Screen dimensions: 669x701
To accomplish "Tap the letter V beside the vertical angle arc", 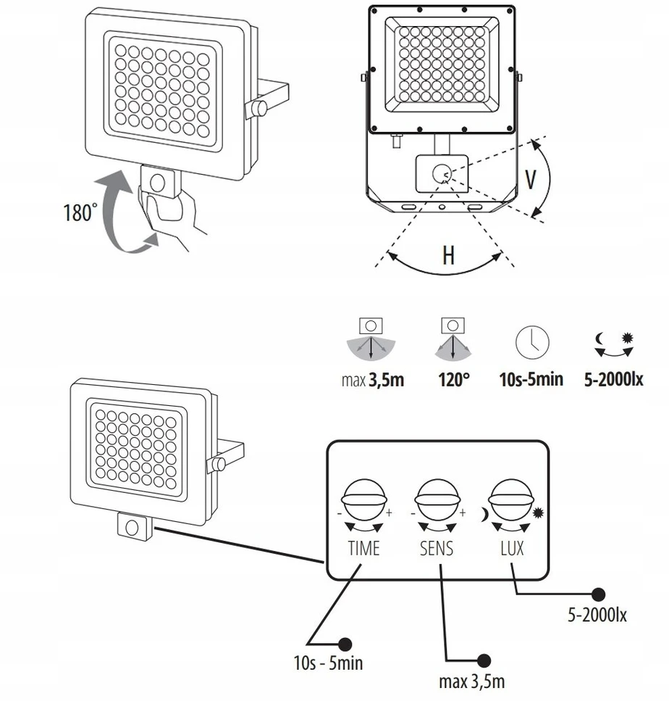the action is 530,180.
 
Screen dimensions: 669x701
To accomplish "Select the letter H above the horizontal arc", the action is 448,255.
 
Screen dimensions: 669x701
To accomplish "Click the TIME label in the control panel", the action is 364,548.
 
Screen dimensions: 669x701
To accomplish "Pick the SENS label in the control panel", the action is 437,548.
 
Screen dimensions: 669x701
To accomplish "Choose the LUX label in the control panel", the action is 512,548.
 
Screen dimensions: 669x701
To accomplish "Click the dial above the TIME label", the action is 363,499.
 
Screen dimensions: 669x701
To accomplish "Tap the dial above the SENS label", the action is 437,499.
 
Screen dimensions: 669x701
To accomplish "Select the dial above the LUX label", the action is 511,499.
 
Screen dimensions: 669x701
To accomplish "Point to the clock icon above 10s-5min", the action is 532,342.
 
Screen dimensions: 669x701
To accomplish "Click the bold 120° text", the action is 454,380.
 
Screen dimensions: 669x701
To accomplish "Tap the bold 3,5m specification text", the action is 387,381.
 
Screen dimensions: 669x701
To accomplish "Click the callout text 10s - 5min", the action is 328,663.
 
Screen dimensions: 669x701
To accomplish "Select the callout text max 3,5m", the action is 472,681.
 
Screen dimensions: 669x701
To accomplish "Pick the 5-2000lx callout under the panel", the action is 597,615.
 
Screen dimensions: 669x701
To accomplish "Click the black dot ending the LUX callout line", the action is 599,594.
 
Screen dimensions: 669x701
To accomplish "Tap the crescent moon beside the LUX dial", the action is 484,515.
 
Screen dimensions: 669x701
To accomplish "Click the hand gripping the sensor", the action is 169,215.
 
